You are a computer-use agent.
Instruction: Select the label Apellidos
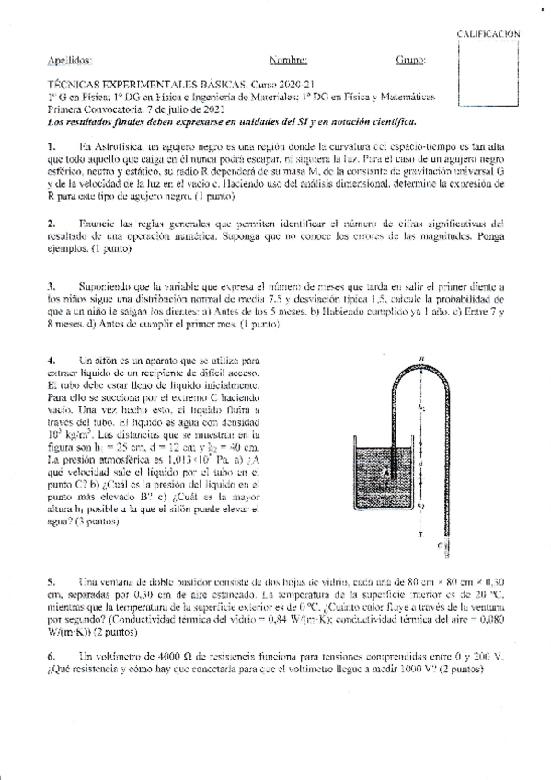click(70, 61)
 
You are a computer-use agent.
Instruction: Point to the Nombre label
click(288, 61)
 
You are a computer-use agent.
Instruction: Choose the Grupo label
click(411, 61)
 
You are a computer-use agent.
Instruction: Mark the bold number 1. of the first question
click(52, 147)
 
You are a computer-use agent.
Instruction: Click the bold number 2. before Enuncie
click(52, 224)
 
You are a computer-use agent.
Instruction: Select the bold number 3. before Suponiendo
click(52, 286)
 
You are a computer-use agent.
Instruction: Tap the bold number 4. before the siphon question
click(52, 360)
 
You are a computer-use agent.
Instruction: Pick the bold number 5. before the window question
click(52, 582)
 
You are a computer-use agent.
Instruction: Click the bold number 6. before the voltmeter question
click(52, 657)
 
